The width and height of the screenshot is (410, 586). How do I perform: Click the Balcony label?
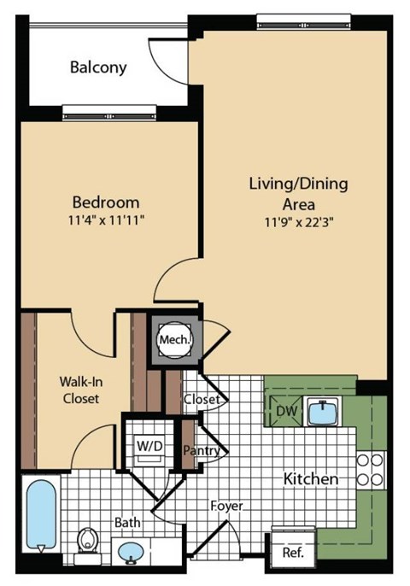tap(98, 67)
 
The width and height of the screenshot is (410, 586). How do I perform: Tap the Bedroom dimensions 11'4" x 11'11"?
tap(106, 221)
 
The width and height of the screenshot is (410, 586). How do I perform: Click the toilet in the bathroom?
tap(88, 542)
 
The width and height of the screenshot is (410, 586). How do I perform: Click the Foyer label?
tap(226, 506)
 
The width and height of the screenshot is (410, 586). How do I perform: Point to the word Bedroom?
tap(105, 203)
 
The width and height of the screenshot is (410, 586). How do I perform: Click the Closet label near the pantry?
tap(202, 399)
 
